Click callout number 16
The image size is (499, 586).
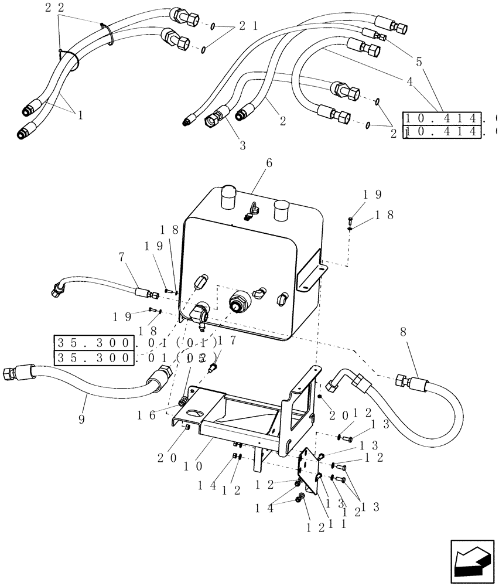[146, 414]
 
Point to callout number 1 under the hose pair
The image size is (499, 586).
[80, 115]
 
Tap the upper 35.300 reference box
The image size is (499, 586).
[94, 342]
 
